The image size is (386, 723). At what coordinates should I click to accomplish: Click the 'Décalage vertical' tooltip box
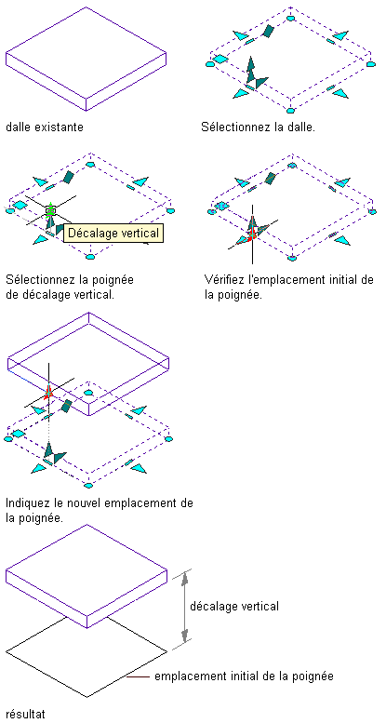(113, 233)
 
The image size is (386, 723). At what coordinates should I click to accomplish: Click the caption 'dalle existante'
(45, 127)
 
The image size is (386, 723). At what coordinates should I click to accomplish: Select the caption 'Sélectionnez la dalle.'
(259, 127)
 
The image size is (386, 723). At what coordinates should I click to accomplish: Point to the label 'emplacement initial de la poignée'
(244, 676)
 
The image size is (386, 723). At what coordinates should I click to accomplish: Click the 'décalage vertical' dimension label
(234, 606)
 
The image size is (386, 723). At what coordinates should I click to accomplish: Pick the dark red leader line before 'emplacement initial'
(138, 676)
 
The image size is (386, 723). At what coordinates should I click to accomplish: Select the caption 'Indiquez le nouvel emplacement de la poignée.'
(100, 510)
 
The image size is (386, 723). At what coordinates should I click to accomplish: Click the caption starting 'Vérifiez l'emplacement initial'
(288, 287)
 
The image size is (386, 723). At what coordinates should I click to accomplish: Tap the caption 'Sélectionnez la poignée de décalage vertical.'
(73, 287)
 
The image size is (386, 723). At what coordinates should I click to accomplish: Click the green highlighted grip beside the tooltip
(51, 210)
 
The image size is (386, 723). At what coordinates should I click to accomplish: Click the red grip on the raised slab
(48, 390)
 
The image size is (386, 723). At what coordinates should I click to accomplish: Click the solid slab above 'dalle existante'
(86, 59)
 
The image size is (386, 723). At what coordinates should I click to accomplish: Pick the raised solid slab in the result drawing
(87, 576)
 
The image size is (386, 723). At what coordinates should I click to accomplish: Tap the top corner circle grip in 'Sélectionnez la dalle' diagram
(289, 18)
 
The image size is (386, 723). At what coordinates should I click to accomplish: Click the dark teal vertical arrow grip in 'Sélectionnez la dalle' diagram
(250, 70)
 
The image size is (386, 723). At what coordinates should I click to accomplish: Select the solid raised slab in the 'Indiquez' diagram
(88, 364)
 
